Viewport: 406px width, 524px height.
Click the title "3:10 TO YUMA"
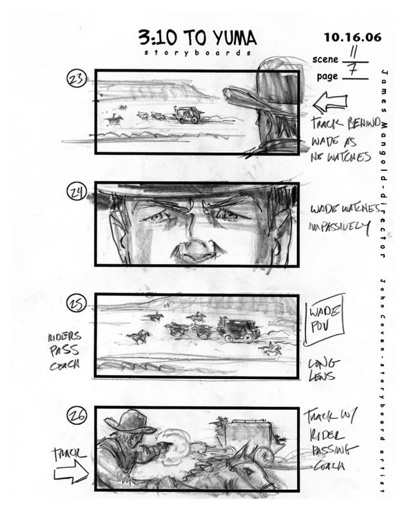point(197,37)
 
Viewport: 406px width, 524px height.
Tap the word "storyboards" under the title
point(197,53)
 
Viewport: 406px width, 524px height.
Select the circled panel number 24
point(77,192)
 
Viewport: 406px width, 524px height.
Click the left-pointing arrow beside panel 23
point(329,102)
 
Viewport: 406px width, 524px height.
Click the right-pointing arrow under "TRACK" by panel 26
point(71,475)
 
